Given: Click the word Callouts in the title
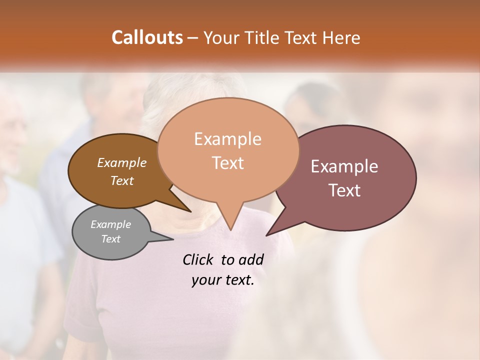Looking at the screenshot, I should click(x=147, y=37).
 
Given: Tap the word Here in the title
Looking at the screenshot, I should click(x=341, y=38).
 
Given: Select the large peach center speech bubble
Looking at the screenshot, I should click(x=228, y=150).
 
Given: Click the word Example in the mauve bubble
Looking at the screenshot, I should click(x=344, y=166).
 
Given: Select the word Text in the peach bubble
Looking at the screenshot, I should click(x=228, y=163).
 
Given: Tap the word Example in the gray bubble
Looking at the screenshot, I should click(x=111, y=224).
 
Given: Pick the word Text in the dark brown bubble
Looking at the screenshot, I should click(x=122, y=181).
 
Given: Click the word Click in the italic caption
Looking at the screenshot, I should click(x=198, y=259).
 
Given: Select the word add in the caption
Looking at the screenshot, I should click(x=250, y=259).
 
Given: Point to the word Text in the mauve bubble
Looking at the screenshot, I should click(x=344, y=190).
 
